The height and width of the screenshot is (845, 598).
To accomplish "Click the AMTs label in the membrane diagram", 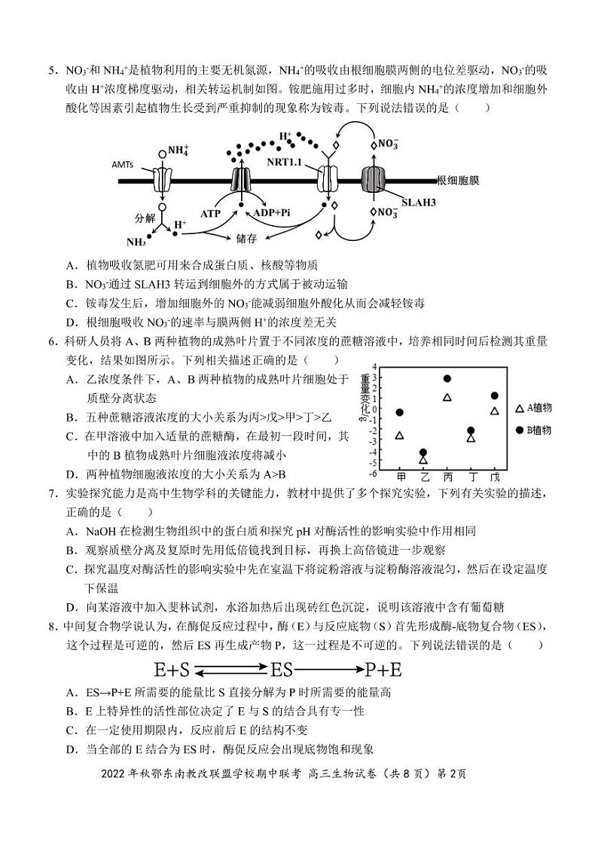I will pos(124,163).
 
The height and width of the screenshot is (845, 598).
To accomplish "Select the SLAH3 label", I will pos(420,202).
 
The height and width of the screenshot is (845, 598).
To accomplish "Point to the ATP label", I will pos(210,213).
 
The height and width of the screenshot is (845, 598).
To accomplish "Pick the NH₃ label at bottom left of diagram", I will pos(136,242).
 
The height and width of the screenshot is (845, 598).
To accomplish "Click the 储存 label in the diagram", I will pos(246,236).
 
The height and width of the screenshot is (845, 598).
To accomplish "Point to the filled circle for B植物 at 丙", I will pos(447,379).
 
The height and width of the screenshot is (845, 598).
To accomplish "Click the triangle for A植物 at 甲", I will pos(400,435).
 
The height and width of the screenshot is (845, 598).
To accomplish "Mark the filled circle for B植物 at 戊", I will pos(495,396).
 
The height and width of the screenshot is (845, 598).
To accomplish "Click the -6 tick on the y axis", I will pos(373,472).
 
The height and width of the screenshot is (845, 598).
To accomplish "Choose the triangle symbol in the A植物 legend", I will pos(519,408).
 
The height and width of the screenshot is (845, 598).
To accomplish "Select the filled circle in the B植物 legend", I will pos(519,429).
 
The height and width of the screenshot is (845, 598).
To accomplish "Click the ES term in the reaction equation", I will pos(281,669).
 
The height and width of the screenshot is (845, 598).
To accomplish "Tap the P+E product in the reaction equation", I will pos(383,669).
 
